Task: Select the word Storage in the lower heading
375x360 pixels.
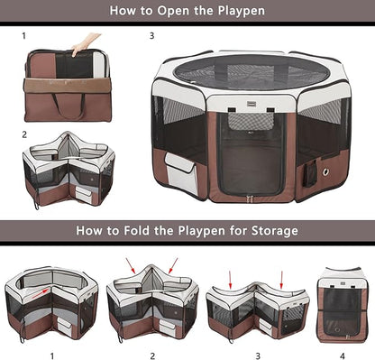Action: pos(268,231)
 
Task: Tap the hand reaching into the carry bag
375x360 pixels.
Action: pos(87,43)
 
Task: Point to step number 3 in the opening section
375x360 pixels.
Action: pos(151,37)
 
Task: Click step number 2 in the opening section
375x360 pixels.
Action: pos(24,134)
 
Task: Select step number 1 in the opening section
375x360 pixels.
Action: pos(24,37)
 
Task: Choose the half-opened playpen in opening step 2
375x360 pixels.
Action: pos(69,171)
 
